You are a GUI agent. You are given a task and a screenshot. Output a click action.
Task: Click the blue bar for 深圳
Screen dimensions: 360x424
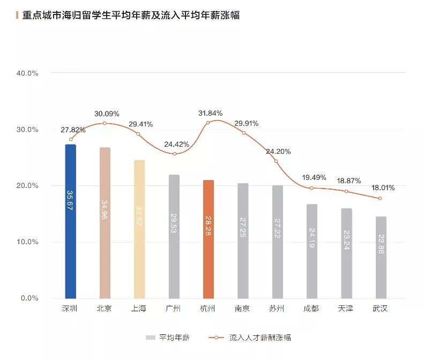point(70,221)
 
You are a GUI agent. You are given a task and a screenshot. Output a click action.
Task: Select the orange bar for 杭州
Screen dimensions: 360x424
point(208,239)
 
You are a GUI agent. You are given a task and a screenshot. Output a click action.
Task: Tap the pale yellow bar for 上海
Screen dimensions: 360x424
point(139,229)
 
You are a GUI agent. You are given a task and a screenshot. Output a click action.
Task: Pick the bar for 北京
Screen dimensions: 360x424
point(105,222)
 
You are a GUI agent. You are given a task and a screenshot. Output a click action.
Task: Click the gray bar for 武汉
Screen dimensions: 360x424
point(381,257)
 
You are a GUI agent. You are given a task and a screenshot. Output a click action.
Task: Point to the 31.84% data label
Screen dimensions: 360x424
point(210,113)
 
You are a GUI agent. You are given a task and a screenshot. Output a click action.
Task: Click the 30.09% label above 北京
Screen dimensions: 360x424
point(107,114)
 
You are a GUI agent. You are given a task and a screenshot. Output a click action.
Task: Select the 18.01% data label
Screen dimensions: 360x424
point(383,188)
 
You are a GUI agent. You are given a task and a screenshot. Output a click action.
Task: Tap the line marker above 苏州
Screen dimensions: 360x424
point(277,161)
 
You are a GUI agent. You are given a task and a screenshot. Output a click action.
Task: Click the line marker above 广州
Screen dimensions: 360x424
point(174,154)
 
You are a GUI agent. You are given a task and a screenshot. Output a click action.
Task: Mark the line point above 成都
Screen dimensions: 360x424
point(311,188)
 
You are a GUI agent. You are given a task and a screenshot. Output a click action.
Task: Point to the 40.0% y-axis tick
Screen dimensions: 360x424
point(27,73)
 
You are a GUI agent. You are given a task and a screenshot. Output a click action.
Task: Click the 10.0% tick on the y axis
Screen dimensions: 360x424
point(27,242)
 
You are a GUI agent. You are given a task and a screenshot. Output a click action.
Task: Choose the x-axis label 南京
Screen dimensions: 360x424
point(242,309)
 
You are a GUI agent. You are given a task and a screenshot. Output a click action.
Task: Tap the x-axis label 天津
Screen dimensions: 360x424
point(346,309)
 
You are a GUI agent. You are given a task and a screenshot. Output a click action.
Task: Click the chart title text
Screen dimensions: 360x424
point(131,16)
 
